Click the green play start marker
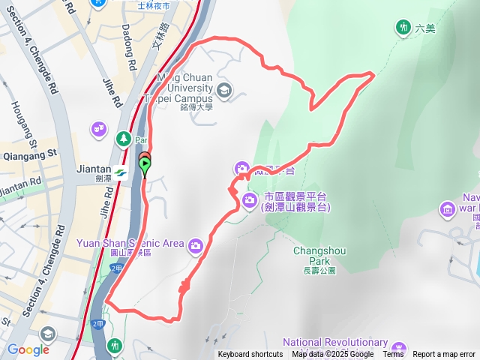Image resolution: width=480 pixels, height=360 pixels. point(145,164)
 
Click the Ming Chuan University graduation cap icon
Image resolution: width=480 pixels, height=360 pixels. point(223,91)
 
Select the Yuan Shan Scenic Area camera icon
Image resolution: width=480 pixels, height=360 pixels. point(195,244)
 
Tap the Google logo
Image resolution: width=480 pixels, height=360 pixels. point(28,349)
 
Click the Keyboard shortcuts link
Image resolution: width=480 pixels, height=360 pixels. point(250,355)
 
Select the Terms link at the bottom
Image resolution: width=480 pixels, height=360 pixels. point(393,355)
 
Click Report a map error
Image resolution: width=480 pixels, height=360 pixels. point(444,355)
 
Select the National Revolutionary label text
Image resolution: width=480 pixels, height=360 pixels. point(335,343)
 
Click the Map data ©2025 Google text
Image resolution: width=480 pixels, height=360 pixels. point(333,355)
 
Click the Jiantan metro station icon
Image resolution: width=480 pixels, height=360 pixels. point(121,172)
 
